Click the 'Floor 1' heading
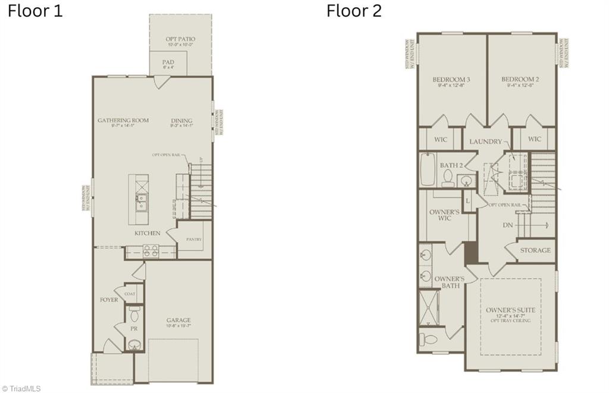pyautogui.click(x=35, y=11)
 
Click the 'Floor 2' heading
pyautogui.click(x=354, y=11)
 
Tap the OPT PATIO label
pyautogui.click(x=180, y=39)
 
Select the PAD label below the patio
pyautogui.click(x=168, y=62)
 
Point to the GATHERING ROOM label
pyautogui.click(x=123, y=120)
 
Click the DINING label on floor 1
pyautogui.click(x=181, y=120)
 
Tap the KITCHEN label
pyautogui.click(x=147, y=233)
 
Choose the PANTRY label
pyautogui.click(x=194, y=240)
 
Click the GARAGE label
pyautogui.click(x=178, y=320)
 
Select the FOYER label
pyautogui.click(x=109, y=300)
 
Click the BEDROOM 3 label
pyautogui.click(x=451, y=80)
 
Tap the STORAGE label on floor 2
pyautogui.click(x=536, y=250)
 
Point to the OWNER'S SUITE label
pyautogui.click(x=510, y=310)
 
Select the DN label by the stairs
pyautogui.click(x=508, y=225)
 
